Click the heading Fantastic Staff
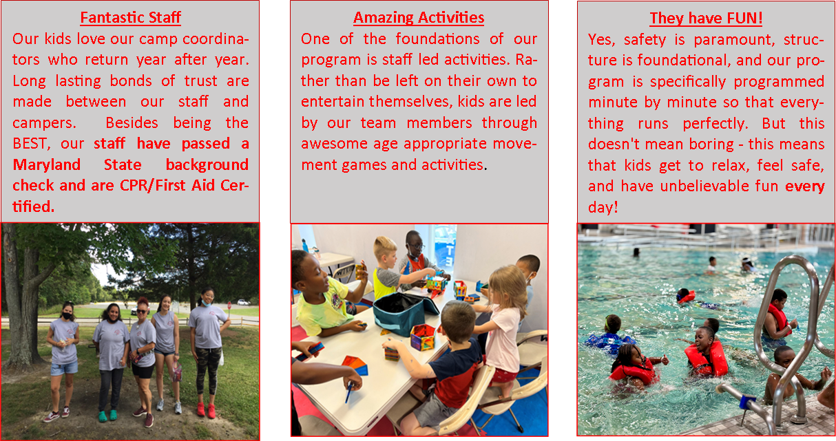tap(131, 17)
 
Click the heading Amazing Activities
tap(419, 17)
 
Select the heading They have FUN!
tap(706, 19)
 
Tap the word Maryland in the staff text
tap(47, 164)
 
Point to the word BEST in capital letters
tap(30, 144)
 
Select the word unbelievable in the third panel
tap(704, 186)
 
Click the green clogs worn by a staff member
tap(108, 416)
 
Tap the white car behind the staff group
tap(244, 302)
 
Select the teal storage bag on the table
tap(404, 314)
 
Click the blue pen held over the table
tap(349, 392)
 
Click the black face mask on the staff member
tap(67, 316)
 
